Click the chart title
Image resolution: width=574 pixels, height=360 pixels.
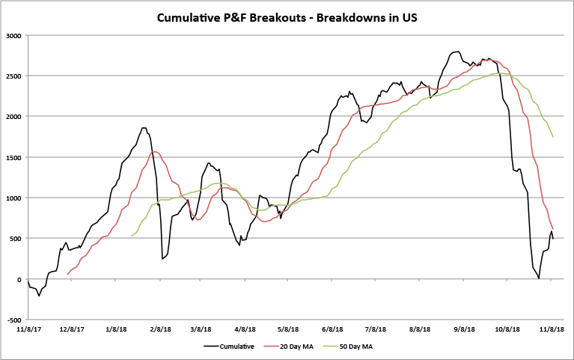pos(287,17)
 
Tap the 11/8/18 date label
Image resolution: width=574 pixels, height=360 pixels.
pos(552,329)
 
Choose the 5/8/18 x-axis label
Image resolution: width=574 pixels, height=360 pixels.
pos(289,329)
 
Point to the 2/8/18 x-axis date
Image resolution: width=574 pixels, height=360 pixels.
pos(159,329)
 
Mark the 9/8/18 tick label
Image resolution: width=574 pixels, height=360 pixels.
pos(464,329)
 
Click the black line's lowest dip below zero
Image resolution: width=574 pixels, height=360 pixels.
pos(39,296)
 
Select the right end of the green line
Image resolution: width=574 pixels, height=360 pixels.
pos(553,138)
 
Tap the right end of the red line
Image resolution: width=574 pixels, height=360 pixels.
pos(553,229)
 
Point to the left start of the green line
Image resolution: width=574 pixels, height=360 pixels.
pos(131,237)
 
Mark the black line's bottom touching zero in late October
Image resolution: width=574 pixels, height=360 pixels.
pos(539,278)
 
